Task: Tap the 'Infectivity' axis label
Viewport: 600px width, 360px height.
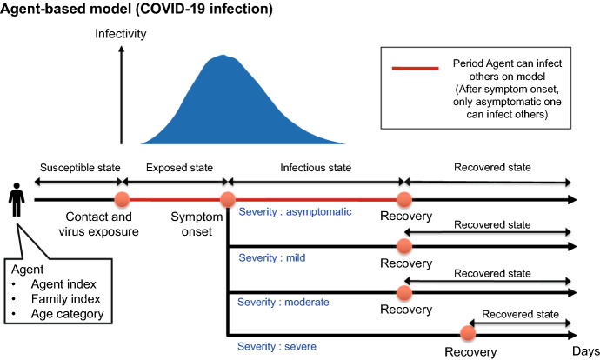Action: [121, 35]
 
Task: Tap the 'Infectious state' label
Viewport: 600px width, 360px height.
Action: [315, 167]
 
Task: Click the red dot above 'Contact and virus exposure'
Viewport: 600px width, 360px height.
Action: [122, 200]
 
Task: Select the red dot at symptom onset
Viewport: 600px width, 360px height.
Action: [227, 200]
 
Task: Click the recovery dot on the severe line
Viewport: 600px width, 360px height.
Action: [470, 333]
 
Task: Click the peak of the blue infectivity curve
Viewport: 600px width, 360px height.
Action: [228, 57]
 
